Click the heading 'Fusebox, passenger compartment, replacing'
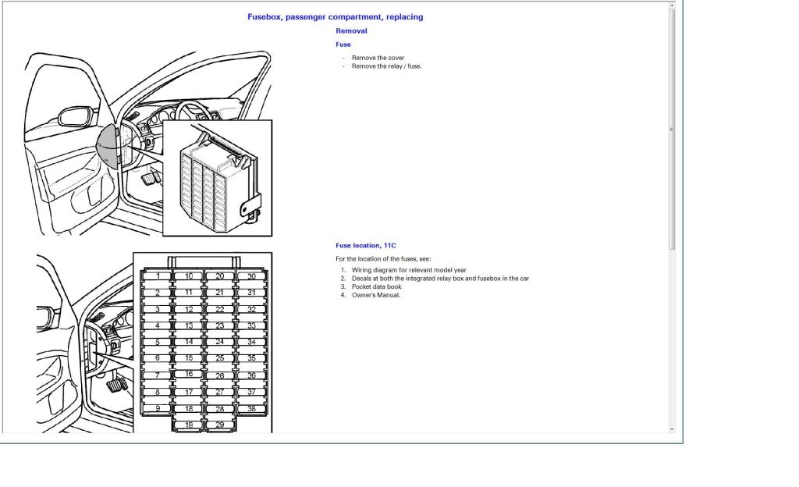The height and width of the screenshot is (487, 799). [336, 17]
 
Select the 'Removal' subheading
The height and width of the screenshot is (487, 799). [351, 30]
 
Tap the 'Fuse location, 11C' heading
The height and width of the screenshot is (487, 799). [365, 245]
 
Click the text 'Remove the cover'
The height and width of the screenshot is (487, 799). [378, 58]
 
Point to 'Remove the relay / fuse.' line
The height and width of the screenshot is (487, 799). [386, 66]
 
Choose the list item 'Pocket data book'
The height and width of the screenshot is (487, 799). [376, 286]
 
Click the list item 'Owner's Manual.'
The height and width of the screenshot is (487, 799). [375, 294]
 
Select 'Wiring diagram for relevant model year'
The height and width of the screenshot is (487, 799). [409, 270]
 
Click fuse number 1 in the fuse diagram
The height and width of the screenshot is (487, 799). [158, 276]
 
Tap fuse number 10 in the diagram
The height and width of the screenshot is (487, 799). [189, 276]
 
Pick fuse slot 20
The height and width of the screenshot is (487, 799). [219, 276]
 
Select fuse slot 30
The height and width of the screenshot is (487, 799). [251, 276]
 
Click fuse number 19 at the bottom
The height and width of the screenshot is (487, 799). [189, 425]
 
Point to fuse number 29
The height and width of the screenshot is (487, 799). [219, 425]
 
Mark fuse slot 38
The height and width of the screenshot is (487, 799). [251, 408]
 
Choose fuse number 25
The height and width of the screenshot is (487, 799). [219, 358]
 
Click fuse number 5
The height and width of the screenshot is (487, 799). [158, 342]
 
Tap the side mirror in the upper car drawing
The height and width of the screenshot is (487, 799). [76, 116]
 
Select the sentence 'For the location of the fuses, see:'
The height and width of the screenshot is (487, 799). [382, 259]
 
